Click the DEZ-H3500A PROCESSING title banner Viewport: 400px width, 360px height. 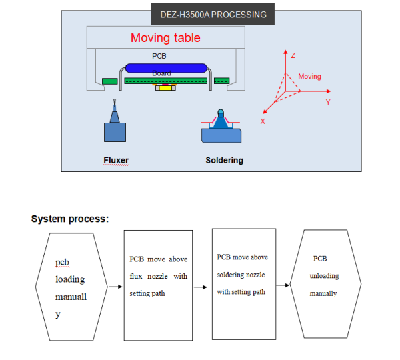click(213, 14)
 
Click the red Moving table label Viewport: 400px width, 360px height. click(165, 38)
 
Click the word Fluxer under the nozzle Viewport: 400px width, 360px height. click(115, 160)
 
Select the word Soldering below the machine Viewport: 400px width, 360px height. click(224, 160)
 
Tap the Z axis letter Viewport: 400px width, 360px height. click(293, 55)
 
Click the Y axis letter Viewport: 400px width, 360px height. click(327, 102)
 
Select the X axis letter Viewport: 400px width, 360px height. click(263, 121)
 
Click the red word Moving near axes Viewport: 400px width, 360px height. click(309, 77)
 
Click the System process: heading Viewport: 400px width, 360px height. click(70, 219)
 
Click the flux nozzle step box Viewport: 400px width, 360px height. click(158, 285)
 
